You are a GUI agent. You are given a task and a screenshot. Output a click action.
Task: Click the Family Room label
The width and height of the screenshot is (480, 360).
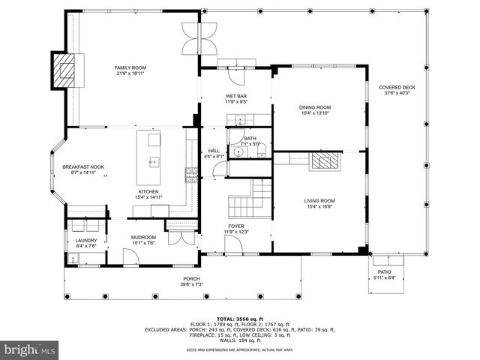point(129,67)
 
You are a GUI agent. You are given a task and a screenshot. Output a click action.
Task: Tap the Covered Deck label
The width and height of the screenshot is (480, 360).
point(397,88)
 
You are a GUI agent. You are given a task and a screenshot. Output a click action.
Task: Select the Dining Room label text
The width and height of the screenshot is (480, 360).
point(315,108)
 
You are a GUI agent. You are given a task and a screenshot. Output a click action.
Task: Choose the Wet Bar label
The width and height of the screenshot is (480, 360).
point(236,97)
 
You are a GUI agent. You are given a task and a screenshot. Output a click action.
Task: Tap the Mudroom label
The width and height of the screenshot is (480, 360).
point(142,237)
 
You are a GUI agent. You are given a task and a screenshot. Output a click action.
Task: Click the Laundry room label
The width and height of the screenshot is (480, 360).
point(86,240)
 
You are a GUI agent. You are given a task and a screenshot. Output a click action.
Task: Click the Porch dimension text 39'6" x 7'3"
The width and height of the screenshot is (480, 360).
point(192,284)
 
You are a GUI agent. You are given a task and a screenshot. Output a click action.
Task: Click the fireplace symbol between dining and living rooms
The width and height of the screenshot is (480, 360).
point(325,160)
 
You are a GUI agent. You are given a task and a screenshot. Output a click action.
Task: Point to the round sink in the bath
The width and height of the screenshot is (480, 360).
point(238,151)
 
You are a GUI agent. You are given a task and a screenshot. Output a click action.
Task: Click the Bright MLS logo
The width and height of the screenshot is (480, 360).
point(30,349)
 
